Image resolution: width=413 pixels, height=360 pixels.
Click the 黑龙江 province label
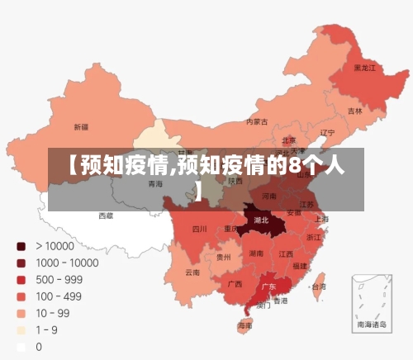pyautogui.click(x=364, y=68)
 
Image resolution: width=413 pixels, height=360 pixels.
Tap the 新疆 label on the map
pyautogui.click(x=81, y=127)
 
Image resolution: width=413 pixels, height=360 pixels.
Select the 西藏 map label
pyautogui.click(x=107, y=216)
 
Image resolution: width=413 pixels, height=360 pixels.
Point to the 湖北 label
pyautogui.click(x=262, y=220)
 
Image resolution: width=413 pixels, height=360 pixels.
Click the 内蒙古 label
pyautogui.click(x=258, y=122)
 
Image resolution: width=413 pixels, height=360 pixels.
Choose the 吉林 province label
pyautogui.click(x=354, y=111)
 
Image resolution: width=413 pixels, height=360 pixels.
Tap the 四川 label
pyautogui.click(x=200, y=229)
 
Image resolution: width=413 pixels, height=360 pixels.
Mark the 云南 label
pyautogui.click(x=192, y=272)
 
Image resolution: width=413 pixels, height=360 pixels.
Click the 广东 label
pyautogui.click(x=268, y=287)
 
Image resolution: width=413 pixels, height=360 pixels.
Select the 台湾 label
pyautogui.click(x=317, y=287)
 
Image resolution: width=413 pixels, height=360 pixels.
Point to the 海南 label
pyautogui.click(x=245, y=326)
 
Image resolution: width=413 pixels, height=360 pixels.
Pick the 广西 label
pyautogui.click(x=235, y=283)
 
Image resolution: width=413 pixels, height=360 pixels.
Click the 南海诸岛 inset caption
pyautogui.click(x=371, y=325)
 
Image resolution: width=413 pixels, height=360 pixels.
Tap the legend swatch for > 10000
pyautogui.click(x=21, y=246)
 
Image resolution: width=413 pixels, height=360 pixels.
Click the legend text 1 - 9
pyautogui.click(x=45, y=330)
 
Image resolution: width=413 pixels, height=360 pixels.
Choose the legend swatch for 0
pyautogui.click(x=21, y=347)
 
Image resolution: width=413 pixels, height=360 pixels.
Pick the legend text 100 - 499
pyautogui.click(x=57, y=296)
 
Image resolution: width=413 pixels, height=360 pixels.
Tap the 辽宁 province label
pyautogui.click(x=327, y=132)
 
